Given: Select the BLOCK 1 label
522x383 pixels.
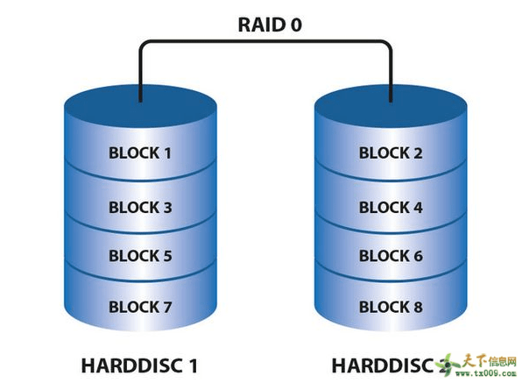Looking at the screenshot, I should (x=140, y=152).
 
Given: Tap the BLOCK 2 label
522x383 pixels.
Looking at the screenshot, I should (x=391, y=152).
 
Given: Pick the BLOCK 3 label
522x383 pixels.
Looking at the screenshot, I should (x=140, y=208).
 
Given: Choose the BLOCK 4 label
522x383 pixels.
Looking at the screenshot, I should (x=391, y=208).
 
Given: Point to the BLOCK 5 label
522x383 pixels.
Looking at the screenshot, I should (x=140, y=256).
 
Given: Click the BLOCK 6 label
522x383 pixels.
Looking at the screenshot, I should (x=391, y=256).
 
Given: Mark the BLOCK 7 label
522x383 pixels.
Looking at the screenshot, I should (x=140, y=307).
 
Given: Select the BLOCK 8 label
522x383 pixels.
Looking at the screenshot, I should (x=391, y=307).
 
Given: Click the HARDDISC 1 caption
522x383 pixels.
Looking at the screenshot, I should (x=140, y=364).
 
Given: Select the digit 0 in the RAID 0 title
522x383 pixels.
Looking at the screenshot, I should (x=296, y=24).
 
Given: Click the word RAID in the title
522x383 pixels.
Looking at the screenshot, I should (x=256, y=24).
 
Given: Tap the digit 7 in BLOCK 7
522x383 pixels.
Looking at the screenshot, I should (x=167, y=307).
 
